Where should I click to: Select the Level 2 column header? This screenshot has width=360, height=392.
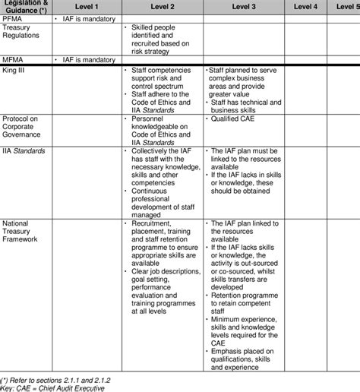(x=160, y=6)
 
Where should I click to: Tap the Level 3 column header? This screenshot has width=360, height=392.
(x=243, y=6)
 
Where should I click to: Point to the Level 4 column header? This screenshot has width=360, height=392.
(x=306, y=6)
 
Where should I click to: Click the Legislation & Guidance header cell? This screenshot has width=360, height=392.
(x=27, y=7)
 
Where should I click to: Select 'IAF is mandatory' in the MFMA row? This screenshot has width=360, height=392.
(x=88, y=58)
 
